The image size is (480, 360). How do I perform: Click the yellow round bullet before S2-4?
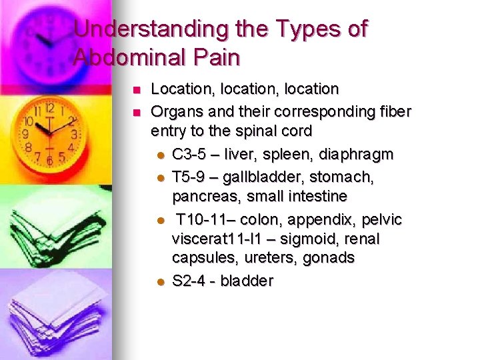pyautogui.click(x=160, y=281)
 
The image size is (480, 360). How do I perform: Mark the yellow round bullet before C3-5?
pyautogui.click(x=160, y=155)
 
